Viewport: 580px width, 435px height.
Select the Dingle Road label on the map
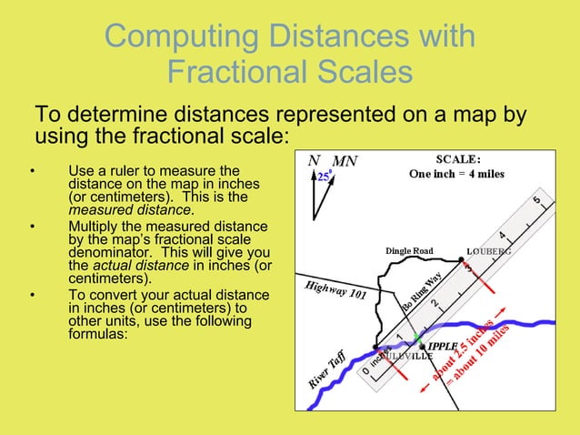409,250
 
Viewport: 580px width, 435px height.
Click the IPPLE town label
443,347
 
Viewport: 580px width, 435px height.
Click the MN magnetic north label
345,162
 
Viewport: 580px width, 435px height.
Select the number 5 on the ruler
537,199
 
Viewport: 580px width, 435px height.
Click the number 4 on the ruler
501,234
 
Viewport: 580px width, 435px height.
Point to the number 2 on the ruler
434,302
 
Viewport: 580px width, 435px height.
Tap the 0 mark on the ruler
365,371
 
